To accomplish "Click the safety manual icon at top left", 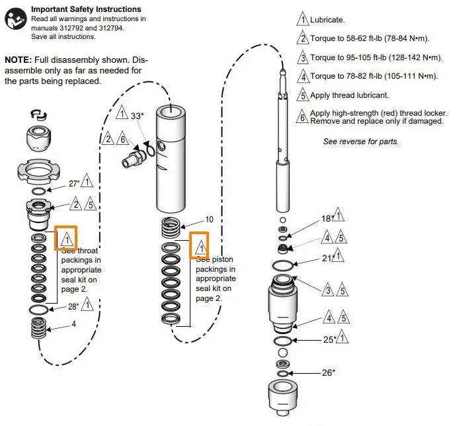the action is click(x=15, y=19).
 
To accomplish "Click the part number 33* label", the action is click(x=137, y=116).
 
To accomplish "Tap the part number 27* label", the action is click(x=74, y=184).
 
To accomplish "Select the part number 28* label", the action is click(x=73, y=306).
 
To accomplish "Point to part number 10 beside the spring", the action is click(x=209, y=219).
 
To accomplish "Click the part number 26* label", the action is click(x=328, y=372).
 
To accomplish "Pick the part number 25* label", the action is click(x=329, y=340).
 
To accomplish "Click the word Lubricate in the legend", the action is click(x=327, y=20).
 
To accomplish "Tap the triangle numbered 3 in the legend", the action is click(x=303, y=58).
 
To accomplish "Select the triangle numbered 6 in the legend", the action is click(x=302, y=116).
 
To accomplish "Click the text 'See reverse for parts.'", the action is click(x=360, y=142).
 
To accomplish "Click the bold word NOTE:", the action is click(x=18, y=60).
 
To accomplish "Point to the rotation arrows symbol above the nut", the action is click(x=39, y=115).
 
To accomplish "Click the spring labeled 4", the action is click(x=39, y=328).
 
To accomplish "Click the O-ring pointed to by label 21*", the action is click(x=282, y=265).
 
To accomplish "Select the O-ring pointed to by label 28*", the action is click(x=39, y=310).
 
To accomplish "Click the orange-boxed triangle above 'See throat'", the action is click(x=67, y=239).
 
